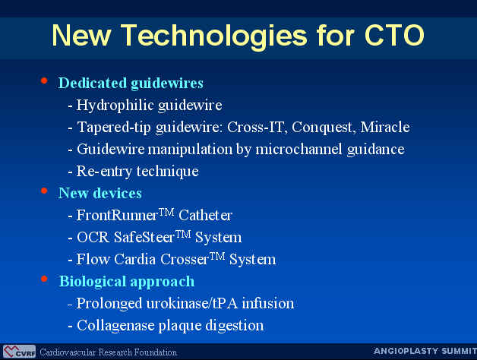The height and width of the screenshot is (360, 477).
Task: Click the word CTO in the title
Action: (394, 35)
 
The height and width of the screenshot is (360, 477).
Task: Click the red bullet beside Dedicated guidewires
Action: (44, 81)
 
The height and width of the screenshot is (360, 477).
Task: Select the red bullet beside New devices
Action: (44, 191)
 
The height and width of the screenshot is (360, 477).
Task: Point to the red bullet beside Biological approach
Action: (44, 279)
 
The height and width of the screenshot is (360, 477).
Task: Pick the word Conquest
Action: (324, 128)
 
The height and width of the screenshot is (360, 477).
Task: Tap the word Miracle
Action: (385, 127)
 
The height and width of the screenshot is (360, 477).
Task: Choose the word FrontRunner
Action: (117, 215)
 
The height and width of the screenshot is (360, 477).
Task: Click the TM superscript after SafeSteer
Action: (183, 235)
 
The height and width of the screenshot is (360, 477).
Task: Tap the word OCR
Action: (93, 238)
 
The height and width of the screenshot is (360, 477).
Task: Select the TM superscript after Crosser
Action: (217, 256)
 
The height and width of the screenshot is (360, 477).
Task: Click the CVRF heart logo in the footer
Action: (19, 352)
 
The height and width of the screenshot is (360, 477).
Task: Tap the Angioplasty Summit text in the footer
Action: (425, 351)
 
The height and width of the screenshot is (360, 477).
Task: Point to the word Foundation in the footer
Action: (156, 352)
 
